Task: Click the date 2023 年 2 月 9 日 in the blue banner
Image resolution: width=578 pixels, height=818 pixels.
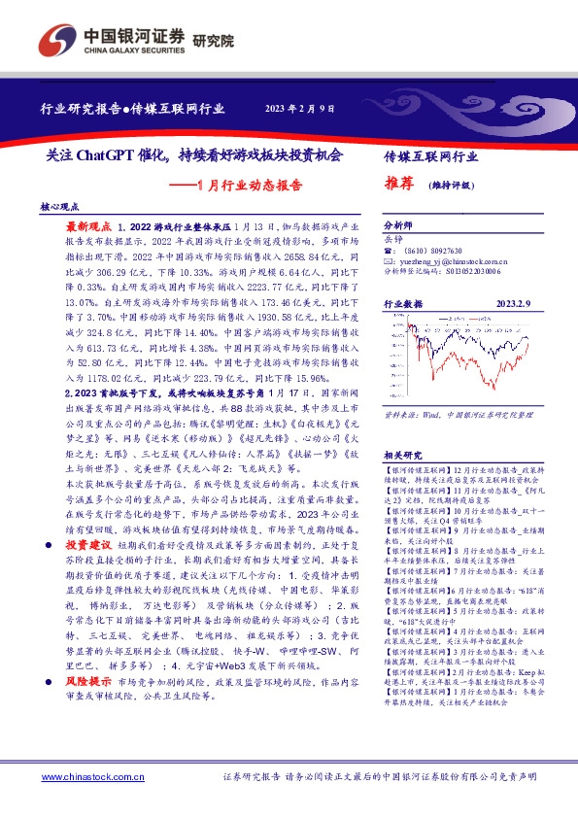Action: pyautogui.click(x=299, y=108)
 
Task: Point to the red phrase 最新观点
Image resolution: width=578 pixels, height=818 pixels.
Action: pyautogui.click(x=86, y=224)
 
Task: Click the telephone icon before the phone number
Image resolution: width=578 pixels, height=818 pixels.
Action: pyautogui.click(x=389, y=250)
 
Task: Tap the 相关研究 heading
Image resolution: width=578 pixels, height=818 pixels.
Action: pyautogui.click(x=401, y=427)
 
